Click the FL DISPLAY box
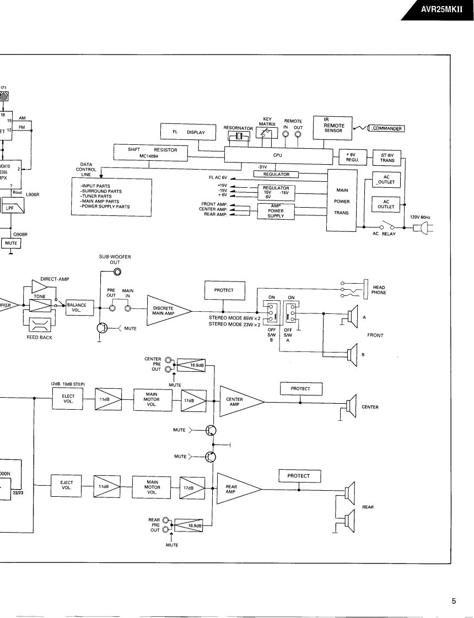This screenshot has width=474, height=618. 187,132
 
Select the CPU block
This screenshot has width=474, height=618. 278,156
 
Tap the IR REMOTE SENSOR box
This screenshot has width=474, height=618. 334,126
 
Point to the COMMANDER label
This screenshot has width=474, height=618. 386,129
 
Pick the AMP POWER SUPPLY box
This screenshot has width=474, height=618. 276,211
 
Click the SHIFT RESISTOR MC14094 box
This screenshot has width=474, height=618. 150,152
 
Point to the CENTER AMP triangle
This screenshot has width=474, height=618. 238,400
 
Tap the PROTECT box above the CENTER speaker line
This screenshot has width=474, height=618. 300,388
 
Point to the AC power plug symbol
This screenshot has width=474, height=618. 425,227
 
